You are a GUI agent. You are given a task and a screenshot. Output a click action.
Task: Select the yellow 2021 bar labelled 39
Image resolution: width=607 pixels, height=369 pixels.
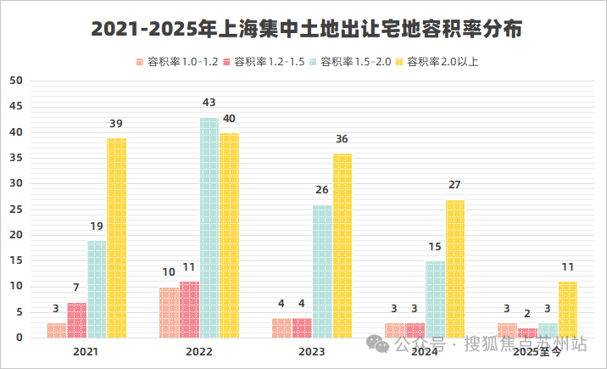point(116,238)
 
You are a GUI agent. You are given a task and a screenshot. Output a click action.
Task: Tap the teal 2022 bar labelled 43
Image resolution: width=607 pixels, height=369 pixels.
point(209,228)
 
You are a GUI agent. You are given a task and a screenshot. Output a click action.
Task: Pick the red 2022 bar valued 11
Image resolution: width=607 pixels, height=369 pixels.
point(189,310)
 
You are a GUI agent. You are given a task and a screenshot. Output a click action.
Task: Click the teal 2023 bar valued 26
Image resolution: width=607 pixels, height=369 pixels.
point(322,271)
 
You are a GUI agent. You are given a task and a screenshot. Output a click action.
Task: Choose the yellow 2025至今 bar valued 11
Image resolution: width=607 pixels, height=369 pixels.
point(568,310)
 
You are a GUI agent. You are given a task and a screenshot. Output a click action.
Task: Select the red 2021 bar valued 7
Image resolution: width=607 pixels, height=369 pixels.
point(76,320)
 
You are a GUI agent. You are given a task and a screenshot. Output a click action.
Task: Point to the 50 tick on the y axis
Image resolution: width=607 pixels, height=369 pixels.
point(15,81)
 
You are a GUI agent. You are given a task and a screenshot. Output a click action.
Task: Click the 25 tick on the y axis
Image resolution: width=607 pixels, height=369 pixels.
point(15,210)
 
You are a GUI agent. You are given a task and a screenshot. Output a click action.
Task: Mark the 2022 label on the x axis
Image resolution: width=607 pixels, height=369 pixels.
point(199,350)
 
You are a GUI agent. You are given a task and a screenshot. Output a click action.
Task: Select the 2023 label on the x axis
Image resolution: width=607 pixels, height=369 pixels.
point(312,350)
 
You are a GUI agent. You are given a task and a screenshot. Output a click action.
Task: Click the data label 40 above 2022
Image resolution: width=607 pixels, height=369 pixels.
point(230,119)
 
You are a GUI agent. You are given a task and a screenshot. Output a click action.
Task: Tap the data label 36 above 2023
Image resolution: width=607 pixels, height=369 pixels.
point(342,139)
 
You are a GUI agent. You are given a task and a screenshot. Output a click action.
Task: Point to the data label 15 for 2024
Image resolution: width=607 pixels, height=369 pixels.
point(435,247)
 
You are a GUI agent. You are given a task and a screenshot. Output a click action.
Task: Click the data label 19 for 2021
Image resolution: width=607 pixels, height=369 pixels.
point(96,226)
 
